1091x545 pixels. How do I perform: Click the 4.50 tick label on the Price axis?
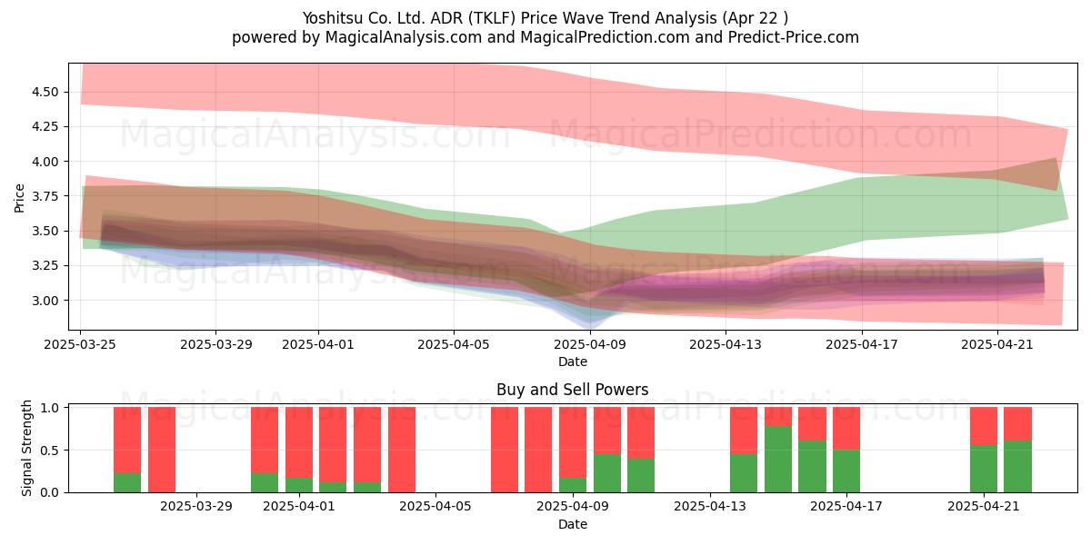coord(45,92)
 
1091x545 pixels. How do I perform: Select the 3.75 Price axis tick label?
coord(45,196)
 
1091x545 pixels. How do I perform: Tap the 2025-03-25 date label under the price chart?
coord(80,344)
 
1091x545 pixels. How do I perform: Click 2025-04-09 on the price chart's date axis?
coord(590,344)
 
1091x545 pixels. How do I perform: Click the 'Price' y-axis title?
coord(19,198)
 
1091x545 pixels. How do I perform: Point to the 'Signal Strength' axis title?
coord(26,448)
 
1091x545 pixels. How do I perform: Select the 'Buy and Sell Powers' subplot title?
coord(572,390)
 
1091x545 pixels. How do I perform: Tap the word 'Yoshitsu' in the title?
coord(332,18)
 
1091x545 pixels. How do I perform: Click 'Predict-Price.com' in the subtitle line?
coord(794,37)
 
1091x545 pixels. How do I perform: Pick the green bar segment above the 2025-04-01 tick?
coord(299,485)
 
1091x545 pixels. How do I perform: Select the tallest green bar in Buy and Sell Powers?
coord(778,459)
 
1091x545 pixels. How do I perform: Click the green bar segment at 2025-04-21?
coord(984,469)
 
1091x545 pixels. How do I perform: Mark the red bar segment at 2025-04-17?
coord(846,428)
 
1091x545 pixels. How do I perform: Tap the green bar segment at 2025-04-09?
coord(573,485)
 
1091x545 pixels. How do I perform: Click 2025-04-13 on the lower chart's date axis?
coord(710,507)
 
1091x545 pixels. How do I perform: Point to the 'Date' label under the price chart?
coord(572,362)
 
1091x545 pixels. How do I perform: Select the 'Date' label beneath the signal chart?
coord(572,524)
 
